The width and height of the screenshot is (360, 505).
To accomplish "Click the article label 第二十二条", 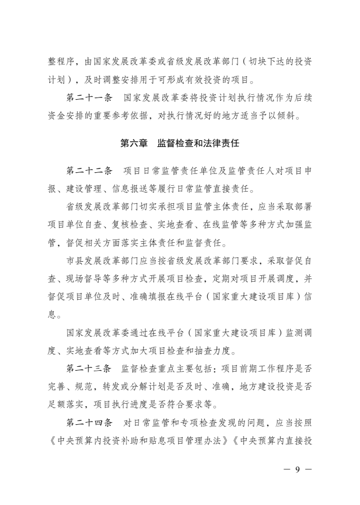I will (x=89, y=171).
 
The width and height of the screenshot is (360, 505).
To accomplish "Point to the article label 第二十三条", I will (x=89, y=369).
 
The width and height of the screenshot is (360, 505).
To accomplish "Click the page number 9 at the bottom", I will (x=298, y=469).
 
